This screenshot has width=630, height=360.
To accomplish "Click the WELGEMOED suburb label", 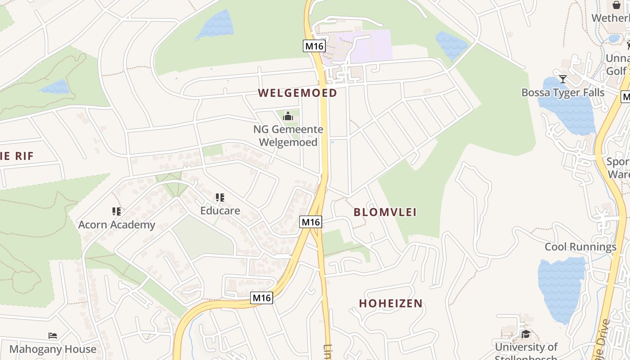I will [297, 93].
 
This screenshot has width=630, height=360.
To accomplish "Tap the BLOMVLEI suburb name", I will [385, 212].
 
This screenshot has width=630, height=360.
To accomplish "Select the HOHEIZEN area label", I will [391, 303].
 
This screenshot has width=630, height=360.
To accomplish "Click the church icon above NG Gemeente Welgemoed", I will [288, 116].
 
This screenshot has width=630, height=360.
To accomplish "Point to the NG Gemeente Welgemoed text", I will [288, 136].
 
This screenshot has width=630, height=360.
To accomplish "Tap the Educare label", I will [220, 210].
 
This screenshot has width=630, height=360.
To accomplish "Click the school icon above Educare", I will [220, 197].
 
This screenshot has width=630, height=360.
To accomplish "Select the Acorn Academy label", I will [117, 225].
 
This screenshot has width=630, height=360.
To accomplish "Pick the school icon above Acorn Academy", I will [117, 211].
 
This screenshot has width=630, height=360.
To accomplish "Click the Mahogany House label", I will [53, 349].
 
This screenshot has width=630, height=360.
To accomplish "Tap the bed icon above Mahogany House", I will [53, 335].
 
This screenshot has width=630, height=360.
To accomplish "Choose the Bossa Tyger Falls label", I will [562, 93].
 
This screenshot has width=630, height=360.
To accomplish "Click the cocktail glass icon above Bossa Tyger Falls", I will [562, 79].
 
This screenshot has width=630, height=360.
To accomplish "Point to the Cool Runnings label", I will [580, 247].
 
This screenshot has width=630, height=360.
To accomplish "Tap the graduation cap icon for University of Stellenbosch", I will [526, 333].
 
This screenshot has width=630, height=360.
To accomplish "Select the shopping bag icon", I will [616, 5].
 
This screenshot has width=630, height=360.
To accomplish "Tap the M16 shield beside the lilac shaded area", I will [314, 46].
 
